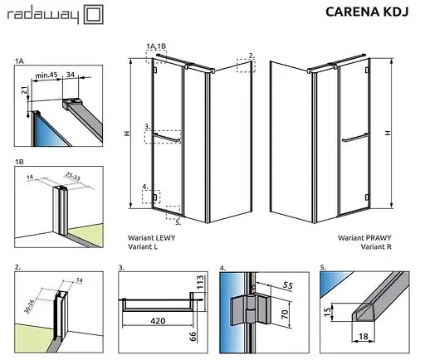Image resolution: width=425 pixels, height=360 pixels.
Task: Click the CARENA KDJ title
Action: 367,12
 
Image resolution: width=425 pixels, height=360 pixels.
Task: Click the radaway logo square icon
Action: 94,14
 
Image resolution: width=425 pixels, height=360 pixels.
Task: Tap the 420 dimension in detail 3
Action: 158,321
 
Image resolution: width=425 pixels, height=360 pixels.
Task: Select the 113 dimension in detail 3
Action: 199,282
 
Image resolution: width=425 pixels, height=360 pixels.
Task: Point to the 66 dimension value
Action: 193,337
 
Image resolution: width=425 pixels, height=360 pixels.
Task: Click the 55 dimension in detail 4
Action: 288,285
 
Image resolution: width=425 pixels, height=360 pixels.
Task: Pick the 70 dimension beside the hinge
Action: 285,314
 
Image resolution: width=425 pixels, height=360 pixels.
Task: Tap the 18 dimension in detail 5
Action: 364,336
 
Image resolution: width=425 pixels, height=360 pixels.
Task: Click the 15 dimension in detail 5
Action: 328,312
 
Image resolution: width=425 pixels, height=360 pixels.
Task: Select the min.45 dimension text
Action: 46,75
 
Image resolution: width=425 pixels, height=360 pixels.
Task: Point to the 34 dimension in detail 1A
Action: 71,75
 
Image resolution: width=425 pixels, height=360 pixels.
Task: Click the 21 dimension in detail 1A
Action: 25,90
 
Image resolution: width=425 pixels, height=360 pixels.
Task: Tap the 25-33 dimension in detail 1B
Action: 73,176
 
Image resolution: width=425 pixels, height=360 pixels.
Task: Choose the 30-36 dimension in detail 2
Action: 29,306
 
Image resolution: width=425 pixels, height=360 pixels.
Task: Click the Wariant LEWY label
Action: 151,238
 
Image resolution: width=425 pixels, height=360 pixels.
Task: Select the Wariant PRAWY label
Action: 364,238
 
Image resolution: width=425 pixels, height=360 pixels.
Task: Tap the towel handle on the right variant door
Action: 355,138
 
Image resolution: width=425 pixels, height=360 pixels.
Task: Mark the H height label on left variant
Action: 127,134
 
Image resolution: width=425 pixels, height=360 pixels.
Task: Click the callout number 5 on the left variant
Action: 178,222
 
